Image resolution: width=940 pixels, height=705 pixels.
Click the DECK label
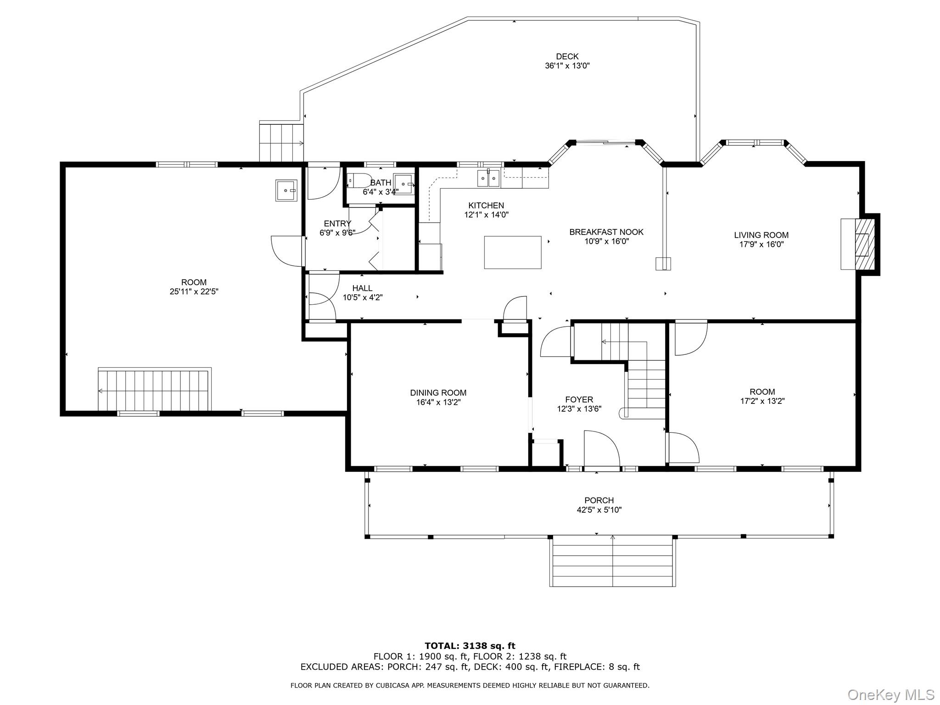(x=567, y=56)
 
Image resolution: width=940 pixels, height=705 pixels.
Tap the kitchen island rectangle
(x=512, y=252)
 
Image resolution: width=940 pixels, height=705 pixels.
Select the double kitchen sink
(x=488, y=178)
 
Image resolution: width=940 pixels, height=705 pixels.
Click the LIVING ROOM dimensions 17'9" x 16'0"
(x=761, y=245)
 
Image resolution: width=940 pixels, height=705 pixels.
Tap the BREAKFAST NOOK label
(x=606, y=232)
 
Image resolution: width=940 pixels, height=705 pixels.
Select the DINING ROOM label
(x=438, y=392)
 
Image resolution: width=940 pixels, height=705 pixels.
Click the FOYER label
(x=579, y=399)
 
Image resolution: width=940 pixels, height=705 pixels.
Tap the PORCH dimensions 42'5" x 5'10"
(x=599, y=509)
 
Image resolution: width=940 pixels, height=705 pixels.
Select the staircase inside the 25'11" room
(x=154, y=390)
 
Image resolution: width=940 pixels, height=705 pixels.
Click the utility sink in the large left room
(x=286, y=190)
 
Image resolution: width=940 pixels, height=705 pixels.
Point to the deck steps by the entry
(x=281, y=142)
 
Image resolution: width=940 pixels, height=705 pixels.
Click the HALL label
(x=362, y=288)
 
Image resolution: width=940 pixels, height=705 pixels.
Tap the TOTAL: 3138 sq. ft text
(x=470, y=646)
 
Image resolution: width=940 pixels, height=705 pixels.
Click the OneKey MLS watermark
(x=890, y=694)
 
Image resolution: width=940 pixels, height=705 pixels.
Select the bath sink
(x=403, y=184)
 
